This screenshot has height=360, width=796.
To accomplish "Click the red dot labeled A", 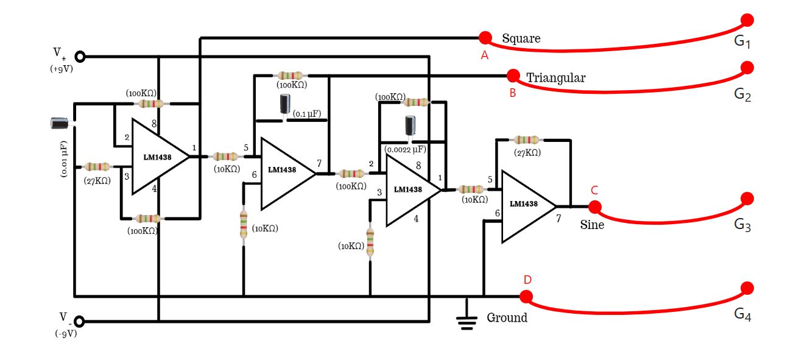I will [485, 38].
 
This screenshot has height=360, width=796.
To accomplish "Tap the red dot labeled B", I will [513, 76].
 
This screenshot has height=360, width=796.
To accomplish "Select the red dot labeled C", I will [595, 207].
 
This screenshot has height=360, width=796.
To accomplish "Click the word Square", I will [521, 39].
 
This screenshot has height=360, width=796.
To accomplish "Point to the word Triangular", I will [555, 78].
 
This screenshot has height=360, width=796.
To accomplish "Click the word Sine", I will [591, 225].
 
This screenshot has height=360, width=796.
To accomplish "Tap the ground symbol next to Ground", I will [467, 320].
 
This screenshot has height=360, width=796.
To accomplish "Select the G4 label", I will [742, 314].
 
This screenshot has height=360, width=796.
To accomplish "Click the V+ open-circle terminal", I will [79, 57].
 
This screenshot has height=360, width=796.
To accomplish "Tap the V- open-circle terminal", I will [79, 321].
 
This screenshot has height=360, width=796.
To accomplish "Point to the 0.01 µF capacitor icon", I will [59, 123].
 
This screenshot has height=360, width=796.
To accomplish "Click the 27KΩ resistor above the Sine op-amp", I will [526, 140].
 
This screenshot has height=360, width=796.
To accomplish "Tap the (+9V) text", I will [62, 69].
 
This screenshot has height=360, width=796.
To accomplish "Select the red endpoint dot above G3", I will [747, 199].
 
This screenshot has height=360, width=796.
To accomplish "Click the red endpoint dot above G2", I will [747, 66].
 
